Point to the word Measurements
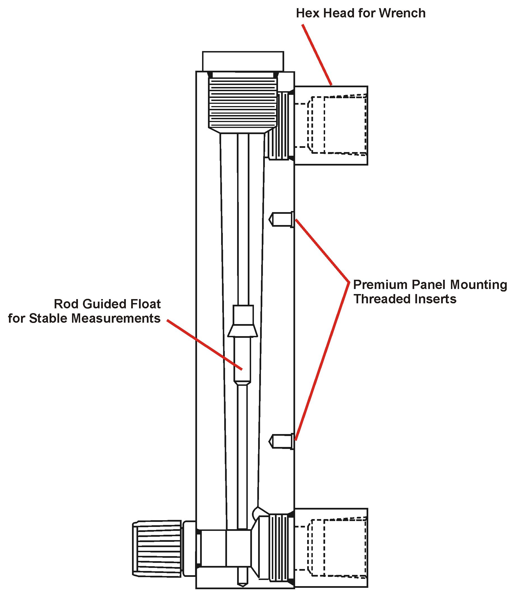coord(116,318)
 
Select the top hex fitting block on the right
coord(331,125)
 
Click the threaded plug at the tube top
coord(243,103)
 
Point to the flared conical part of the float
coord(242,331)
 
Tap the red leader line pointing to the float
coord(204,345)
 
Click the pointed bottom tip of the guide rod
coord(242,584)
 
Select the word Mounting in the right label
coord(478,285)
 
